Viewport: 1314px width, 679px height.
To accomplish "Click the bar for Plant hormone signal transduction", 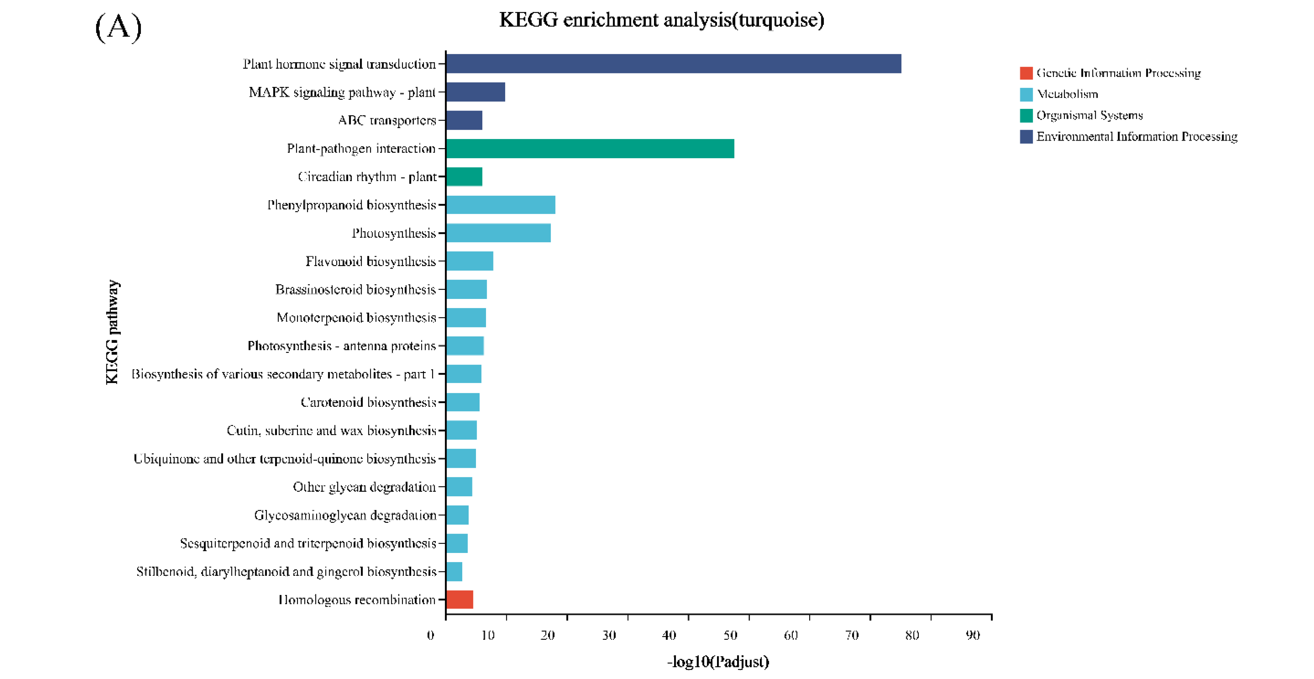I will [673, 64].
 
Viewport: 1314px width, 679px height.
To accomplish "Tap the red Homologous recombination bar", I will [460, 600].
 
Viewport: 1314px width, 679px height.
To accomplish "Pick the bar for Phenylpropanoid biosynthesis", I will [500, 204].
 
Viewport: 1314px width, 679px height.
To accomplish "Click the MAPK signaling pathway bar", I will [475, 92].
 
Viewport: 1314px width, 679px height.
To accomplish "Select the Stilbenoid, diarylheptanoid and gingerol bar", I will [454, 571].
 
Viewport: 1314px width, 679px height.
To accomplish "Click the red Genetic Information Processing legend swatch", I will [1026, 73].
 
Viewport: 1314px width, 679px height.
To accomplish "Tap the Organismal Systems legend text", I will [1089, 115].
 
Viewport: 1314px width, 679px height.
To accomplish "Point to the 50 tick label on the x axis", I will [730, 635].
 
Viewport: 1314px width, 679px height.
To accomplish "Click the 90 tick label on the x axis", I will [973, 635].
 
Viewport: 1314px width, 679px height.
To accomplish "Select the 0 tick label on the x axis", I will [430, 635].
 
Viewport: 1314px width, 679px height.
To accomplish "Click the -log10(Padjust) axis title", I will [718, 662].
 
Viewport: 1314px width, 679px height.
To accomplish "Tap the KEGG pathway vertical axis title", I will [112, 331].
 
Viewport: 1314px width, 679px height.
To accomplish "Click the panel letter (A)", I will [118, 27].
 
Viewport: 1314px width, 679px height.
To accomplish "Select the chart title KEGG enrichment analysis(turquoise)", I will [661, 20].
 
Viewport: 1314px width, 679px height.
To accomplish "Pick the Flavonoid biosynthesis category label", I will [370, 261].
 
